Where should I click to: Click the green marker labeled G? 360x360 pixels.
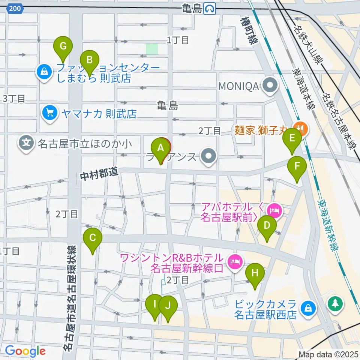(63, 47)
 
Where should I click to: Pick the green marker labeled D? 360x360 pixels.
(267, 226)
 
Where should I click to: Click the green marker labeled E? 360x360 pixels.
(292, 139)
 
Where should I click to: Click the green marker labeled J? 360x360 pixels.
(168, 306)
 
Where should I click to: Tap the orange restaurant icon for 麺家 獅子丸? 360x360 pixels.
(302, 129)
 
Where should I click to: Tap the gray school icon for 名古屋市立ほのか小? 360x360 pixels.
(26, 143)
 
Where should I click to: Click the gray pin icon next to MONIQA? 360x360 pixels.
(269, 86)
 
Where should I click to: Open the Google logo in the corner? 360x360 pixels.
(25, 351)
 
